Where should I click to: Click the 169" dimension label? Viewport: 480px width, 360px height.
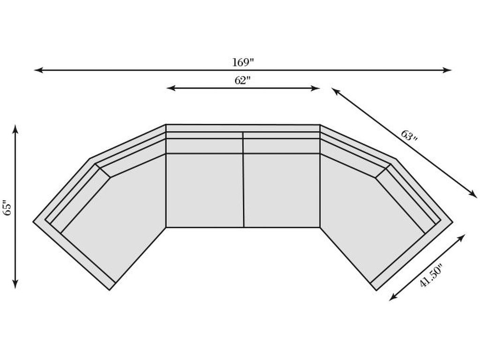[243, 62]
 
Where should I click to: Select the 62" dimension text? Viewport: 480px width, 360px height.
[242, 80]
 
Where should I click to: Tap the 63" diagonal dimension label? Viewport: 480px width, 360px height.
[409, 136]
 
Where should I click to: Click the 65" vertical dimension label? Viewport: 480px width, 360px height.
[7, 208]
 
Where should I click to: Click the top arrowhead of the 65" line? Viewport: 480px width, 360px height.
[15, 128]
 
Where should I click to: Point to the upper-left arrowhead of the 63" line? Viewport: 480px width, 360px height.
[335, 90]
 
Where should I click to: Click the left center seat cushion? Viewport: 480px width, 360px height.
[205, 190]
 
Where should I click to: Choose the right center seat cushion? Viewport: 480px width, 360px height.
[282, 190]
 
